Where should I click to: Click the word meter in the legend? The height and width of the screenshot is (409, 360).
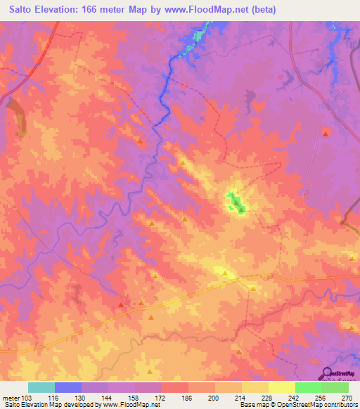click(11, 398)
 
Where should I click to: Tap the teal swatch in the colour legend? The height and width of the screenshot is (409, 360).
click(41, 387)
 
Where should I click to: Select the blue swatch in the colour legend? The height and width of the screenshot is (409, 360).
click(68, 387)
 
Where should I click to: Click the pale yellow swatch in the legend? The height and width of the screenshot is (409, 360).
click(281, 387)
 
